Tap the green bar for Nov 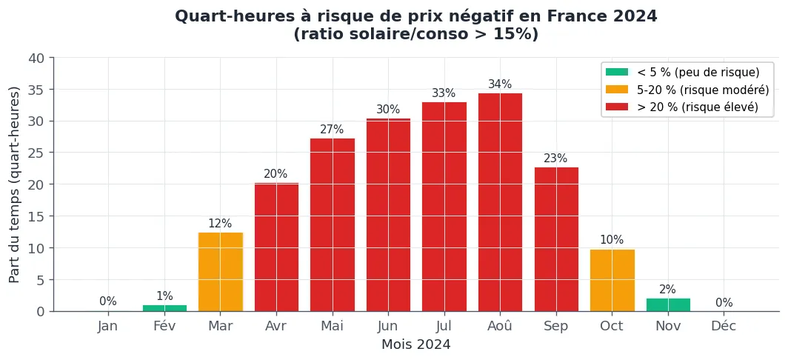[668, 304]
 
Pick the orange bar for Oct [612, 280]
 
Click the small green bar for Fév [164, 308]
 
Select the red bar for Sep [556, 239]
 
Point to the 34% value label [500, 84]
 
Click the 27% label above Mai [332, 130]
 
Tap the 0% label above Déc [724, 303]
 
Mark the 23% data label [555, 159]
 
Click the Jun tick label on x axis [387, 327]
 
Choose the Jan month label [107, 327]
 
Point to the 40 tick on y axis [36, 58]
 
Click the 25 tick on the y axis [36, 153]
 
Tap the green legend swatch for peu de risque [617, 73]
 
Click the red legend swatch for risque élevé [617, 107]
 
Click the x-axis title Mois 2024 [415, 344]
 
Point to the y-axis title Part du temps [15, 184]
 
